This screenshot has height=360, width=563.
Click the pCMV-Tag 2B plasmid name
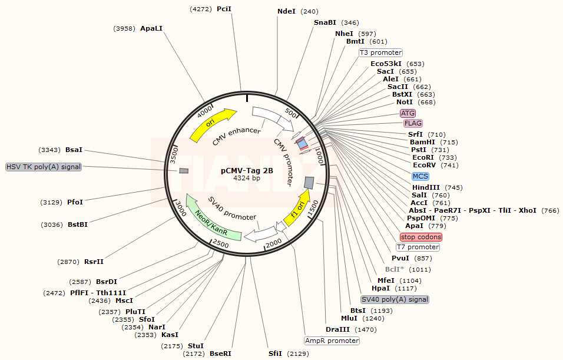coord(247,170)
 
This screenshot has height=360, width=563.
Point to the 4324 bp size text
coord(247,178)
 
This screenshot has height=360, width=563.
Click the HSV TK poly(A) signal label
coord(44,167)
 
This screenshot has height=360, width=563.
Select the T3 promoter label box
coord(380,52)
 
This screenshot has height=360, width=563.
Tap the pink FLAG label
coord(413,123)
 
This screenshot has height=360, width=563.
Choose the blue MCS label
coord(420,176)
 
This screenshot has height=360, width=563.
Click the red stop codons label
coord(420,237)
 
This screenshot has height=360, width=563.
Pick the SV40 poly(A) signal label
coord(395,299)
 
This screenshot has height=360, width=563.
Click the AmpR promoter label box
coord(332,341)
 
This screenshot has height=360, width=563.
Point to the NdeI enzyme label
coord(287,11)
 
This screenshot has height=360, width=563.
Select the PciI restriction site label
coord(224,9)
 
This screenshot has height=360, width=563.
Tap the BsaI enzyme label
coord(74,150)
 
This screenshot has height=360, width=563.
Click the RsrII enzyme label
coord(94,262)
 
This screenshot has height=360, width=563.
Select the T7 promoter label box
coord(418,247)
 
